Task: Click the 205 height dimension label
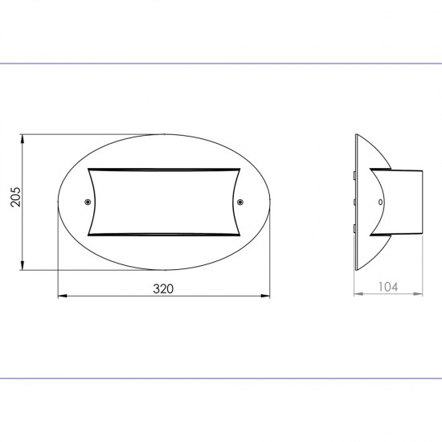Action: [x=15, y=197]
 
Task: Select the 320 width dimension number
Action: [x=163, y=289]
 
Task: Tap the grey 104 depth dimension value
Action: [x=388, y=287]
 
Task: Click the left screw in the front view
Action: [x=88, y=202]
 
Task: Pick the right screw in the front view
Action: [x=240, y=202]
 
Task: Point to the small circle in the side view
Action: [x=380, y=202]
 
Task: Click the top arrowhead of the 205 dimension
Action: [x=23, y=139]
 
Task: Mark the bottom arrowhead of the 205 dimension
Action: [x=23, y=265]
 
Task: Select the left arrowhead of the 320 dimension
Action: [x=63, y=296]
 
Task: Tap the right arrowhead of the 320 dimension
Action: [x=265, y=296]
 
